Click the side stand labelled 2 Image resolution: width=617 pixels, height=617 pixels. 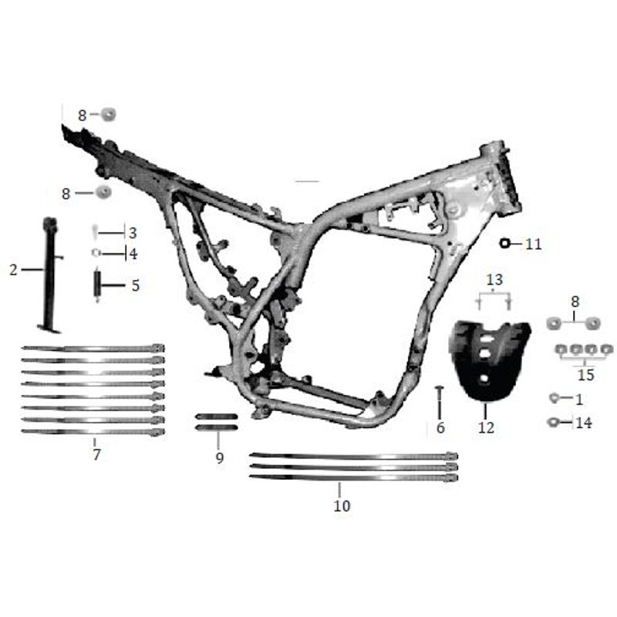point(50,275)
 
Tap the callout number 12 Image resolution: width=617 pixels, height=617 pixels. point(486,427)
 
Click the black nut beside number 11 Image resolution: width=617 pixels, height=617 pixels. point(504,244)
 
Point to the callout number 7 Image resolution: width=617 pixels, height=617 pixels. point(97,454)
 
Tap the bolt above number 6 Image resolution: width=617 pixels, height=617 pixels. point(440,403)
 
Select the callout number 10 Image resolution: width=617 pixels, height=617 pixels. point(342,506)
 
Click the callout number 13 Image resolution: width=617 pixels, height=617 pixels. point(494,280)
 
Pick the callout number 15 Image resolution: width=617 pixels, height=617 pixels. point(585,375)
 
